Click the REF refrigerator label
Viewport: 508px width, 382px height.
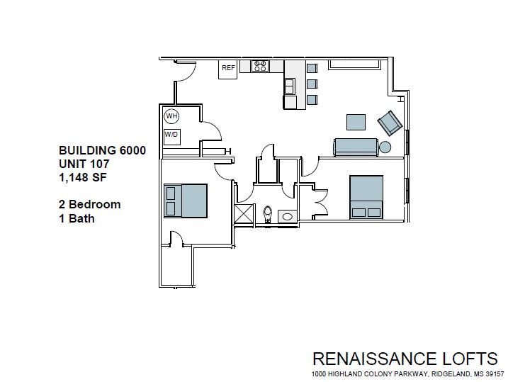click(x=228, y=68)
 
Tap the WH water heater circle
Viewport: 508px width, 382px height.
click(x=171, y=116)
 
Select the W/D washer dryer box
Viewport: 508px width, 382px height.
click(x=171, y=134)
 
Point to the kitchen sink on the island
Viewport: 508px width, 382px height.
click(x=290, y=86)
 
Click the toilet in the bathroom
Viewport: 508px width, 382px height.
click(x=269, y=213)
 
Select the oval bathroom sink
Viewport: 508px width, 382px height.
click(x=288, y=215)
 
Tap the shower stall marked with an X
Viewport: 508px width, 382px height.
click(x=243, y=214)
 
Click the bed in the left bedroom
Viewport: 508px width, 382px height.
click(x=186, y=201)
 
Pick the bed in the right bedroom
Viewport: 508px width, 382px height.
click(x=366, y=196)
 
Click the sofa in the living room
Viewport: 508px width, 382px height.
click(x=357, y=147)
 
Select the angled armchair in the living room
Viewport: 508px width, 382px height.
click(x=390, y=123)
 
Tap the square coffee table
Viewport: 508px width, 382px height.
click(x=356, y=122)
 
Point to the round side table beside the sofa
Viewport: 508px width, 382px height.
click(x=385, y=147)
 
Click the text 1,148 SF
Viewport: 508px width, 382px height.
click(x=84, y=177)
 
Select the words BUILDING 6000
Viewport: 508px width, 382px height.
click(x=103, y=150)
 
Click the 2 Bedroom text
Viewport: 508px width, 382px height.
click(x=89, y=204)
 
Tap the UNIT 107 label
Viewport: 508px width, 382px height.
click(x=84, y=164)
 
